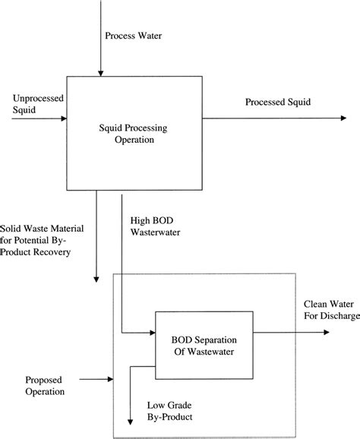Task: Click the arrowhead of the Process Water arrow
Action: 98,73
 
